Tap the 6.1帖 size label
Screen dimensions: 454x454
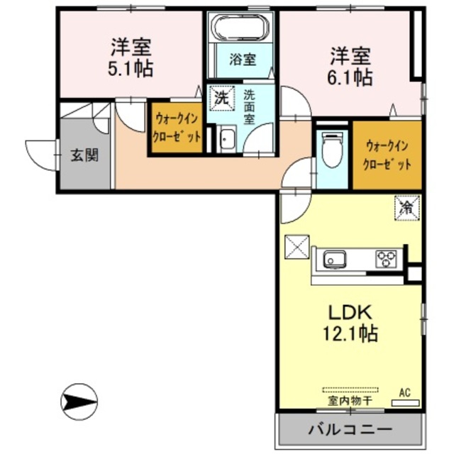350,77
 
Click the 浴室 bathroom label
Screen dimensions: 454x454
242,60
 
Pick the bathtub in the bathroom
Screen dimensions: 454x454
242,30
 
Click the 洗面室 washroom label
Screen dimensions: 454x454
250,106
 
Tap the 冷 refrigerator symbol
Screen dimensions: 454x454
407,209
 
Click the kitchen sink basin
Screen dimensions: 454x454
335,260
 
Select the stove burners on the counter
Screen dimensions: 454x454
387,259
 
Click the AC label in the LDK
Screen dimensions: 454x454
404,392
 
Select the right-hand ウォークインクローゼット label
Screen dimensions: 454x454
388,155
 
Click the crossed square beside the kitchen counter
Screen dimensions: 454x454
296,248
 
